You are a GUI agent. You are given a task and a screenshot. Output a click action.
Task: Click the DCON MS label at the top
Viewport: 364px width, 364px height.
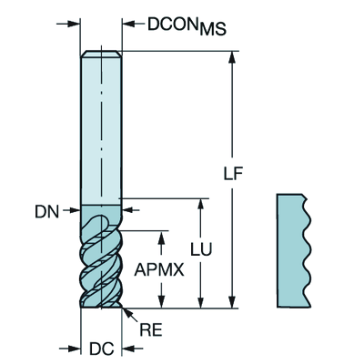(x=187, y=26)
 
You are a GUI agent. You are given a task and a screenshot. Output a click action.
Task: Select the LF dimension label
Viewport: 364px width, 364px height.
(x=233, y=174)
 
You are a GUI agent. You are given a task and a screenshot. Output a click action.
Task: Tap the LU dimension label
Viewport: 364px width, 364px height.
(x=201, y=249)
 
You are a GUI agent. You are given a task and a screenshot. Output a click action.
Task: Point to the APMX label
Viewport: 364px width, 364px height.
(x=159, y=269)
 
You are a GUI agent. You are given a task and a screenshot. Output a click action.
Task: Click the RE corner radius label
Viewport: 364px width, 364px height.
(x=151, y=329)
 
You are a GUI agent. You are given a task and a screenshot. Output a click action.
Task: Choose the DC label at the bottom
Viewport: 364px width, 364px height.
(x=102, y=349)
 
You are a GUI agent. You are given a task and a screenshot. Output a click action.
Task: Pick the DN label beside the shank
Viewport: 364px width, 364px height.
(x=46, y=212)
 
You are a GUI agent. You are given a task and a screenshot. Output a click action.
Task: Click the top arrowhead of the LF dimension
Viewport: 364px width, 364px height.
(x=232, y=57)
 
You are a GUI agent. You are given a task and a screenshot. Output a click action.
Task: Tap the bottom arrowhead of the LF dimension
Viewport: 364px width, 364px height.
(x=232, y=302)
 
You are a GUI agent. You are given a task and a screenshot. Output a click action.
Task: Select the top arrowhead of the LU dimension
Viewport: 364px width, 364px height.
(x=200, y=205)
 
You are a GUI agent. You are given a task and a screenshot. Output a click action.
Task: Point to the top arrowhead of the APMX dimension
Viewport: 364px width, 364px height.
(x=162, y=237)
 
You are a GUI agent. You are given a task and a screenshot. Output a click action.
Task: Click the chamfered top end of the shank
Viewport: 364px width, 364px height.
(x=101, y=54)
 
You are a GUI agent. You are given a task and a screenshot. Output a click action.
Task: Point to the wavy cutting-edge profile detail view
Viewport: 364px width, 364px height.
(x=294, y=250)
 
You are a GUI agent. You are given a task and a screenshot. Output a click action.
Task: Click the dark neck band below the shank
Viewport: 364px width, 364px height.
(x=101, y=211)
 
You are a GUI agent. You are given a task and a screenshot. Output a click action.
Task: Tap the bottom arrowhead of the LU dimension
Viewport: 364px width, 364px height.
(x=200, y=302)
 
